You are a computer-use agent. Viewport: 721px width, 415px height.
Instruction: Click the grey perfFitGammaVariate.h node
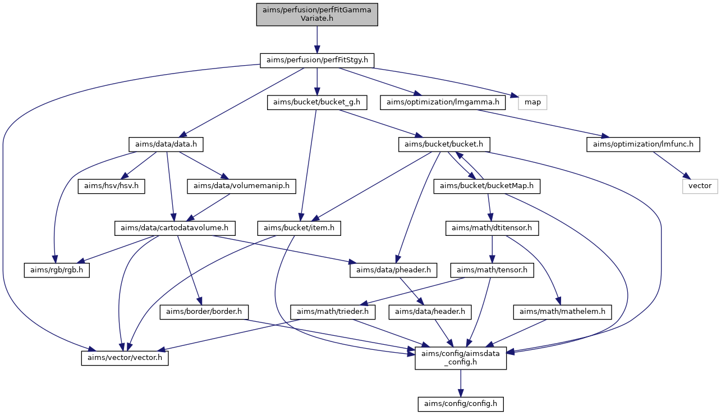(317, 15)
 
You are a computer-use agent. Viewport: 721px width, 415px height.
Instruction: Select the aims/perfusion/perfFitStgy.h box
(317, 61)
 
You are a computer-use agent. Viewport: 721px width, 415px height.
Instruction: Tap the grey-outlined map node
(532, 102)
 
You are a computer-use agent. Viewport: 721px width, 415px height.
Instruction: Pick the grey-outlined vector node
(700, 186)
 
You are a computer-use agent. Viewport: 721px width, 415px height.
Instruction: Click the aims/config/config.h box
(461, 404)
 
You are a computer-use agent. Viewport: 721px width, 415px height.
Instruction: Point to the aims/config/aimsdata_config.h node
(461, 358)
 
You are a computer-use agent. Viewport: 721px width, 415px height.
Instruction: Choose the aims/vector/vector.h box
(125, 358)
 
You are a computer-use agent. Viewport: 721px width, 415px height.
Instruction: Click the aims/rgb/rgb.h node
(57, 270)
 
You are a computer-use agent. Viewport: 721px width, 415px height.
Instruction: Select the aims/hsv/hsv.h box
(111, 186)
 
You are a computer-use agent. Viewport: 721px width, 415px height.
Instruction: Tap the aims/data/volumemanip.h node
(241, 186)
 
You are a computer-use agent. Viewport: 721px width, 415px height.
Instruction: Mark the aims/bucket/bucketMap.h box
(486, 186)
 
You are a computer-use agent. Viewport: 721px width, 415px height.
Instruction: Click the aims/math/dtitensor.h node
(492, 228)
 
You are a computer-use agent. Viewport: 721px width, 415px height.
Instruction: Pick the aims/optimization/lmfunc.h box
(643, 144)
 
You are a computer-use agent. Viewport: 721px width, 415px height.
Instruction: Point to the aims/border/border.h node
(204, 312)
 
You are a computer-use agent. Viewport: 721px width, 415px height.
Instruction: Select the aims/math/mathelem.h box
(562, 312)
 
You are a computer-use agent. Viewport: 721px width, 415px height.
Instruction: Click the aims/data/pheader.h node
(393, 270)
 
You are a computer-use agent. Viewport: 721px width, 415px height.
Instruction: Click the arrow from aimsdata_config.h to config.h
(461, 383)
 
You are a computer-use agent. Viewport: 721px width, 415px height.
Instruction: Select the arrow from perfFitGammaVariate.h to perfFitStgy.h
(317, 40)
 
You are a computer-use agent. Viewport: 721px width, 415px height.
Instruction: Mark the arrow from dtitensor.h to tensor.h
(492, 249)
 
